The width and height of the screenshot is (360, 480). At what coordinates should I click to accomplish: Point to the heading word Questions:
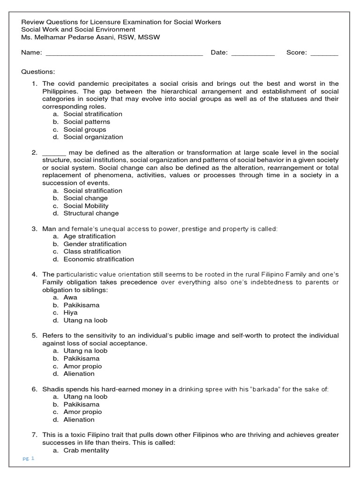(x=38, y=72)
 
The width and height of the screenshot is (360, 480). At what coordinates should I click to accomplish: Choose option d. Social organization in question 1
(x=93, y=137)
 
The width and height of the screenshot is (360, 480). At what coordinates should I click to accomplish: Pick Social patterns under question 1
(x=87, y=122)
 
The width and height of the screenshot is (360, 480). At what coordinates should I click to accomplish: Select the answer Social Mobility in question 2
(x=86, y=206)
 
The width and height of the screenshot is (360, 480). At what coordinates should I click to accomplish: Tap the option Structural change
(x=91, y=213)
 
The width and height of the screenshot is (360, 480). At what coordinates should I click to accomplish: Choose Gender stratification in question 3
(x=95, y=244)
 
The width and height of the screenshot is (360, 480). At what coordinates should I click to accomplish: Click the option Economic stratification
(x=98, y=259)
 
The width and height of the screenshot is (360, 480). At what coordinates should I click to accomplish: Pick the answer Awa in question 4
(x=70, y=298)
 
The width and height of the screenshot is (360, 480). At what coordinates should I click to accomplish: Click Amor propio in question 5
(x=82, y=366)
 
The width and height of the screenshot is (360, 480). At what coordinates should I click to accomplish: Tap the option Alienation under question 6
(x=79, y=420)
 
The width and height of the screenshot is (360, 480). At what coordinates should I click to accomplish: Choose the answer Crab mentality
(x=86, y=450)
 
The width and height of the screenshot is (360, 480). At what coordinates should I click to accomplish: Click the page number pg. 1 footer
(x=29, y=458)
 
